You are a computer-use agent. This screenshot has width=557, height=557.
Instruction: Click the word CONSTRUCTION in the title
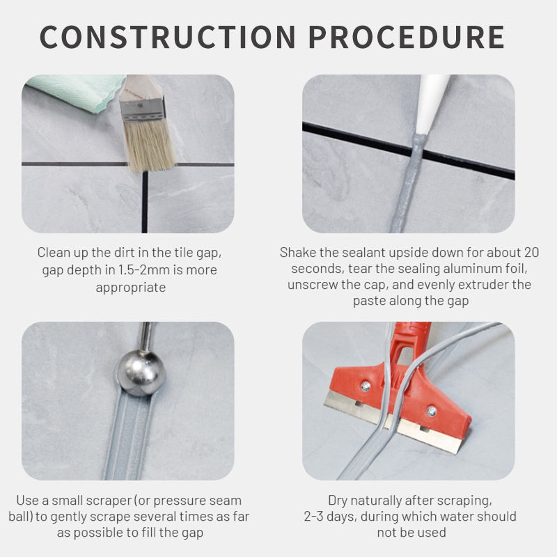(x=167, y=37)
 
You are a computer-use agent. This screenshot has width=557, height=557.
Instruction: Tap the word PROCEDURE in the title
(x=407, y=37)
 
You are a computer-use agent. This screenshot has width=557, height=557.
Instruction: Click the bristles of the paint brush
(x=150, y=146)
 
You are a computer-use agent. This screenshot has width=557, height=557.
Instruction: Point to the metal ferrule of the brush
(x=143, y=109)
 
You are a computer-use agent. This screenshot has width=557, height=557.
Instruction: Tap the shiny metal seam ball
(x=141, y=372)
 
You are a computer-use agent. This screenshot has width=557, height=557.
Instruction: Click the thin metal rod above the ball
(x=146, y=337)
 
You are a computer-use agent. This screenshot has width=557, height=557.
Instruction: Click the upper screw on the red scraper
(x=366, y=386)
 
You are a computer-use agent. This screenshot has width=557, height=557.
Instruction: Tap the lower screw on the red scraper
(x=432, y=411)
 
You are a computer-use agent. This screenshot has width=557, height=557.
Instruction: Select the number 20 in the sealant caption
(x=531, y=253)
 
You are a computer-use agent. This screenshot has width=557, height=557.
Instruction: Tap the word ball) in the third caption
(x=20, y=517)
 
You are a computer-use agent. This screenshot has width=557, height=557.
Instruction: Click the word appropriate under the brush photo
(x=131, y=288)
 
